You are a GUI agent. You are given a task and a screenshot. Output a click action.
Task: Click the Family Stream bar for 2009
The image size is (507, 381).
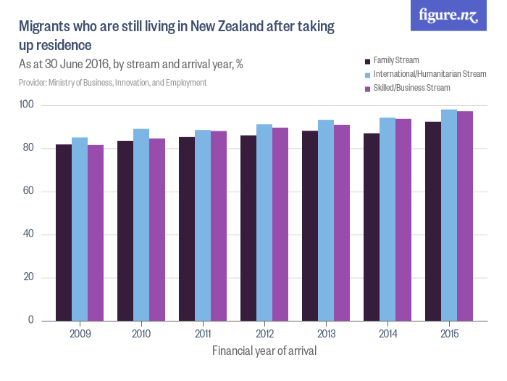tap(64, 232)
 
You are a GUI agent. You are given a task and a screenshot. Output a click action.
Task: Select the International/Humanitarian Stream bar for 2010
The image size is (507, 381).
tap(141, 225)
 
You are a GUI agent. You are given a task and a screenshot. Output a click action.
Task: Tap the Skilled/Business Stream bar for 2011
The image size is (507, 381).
tap(218, 226)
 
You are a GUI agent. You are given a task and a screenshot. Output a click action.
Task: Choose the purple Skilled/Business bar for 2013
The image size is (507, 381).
tap(341, 223)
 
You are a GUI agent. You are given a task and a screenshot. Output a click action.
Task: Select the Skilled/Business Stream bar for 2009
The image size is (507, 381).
tap(95, 233)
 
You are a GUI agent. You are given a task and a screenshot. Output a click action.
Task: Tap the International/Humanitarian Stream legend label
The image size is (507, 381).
tap(430, 74)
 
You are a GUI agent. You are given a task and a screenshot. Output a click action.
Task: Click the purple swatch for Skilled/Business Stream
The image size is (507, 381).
tap(367, 88)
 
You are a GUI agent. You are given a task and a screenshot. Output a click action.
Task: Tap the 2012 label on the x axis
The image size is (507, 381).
tap(264, 335)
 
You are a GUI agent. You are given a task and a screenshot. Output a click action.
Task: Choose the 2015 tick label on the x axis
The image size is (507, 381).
tap(448, 335)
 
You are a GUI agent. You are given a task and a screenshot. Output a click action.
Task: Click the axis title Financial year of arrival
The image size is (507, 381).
tap(264, 351)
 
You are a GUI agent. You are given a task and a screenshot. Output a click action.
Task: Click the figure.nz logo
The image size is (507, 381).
tap(448, 15)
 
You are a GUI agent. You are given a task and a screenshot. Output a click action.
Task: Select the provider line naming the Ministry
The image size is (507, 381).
tap(112, 83)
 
